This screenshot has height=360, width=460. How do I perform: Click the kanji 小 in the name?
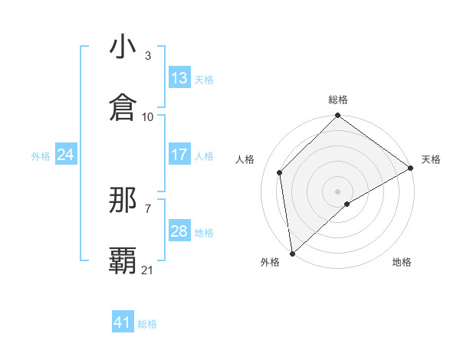pos(123,47)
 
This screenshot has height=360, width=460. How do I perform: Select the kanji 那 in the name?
pos(123,201)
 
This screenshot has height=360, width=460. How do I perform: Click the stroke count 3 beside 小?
pos(148,56)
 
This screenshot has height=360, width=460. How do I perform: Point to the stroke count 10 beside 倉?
pos(148,117)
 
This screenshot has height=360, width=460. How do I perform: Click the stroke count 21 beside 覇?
pos(148,270)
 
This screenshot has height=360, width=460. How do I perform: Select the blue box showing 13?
pos(179,78)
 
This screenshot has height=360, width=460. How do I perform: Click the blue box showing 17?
pos(179,155)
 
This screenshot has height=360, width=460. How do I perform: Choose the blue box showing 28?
pos(179,231)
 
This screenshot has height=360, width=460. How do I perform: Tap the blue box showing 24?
pos(65,155)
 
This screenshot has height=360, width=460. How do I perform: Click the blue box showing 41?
pos(123,323)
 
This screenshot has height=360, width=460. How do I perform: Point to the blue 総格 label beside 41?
pos(147,324)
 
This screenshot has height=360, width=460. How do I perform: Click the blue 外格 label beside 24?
pos(41,155)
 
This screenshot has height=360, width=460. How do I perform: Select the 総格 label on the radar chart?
pos(338,100)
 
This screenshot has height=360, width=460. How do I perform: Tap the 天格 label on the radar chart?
pos(431,159)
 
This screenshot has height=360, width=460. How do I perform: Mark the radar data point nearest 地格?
pos(347,204)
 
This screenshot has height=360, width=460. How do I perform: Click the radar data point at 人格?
pos(280,172)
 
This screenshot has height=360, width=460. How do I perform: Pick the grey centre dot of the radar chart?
pos(338,191)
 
